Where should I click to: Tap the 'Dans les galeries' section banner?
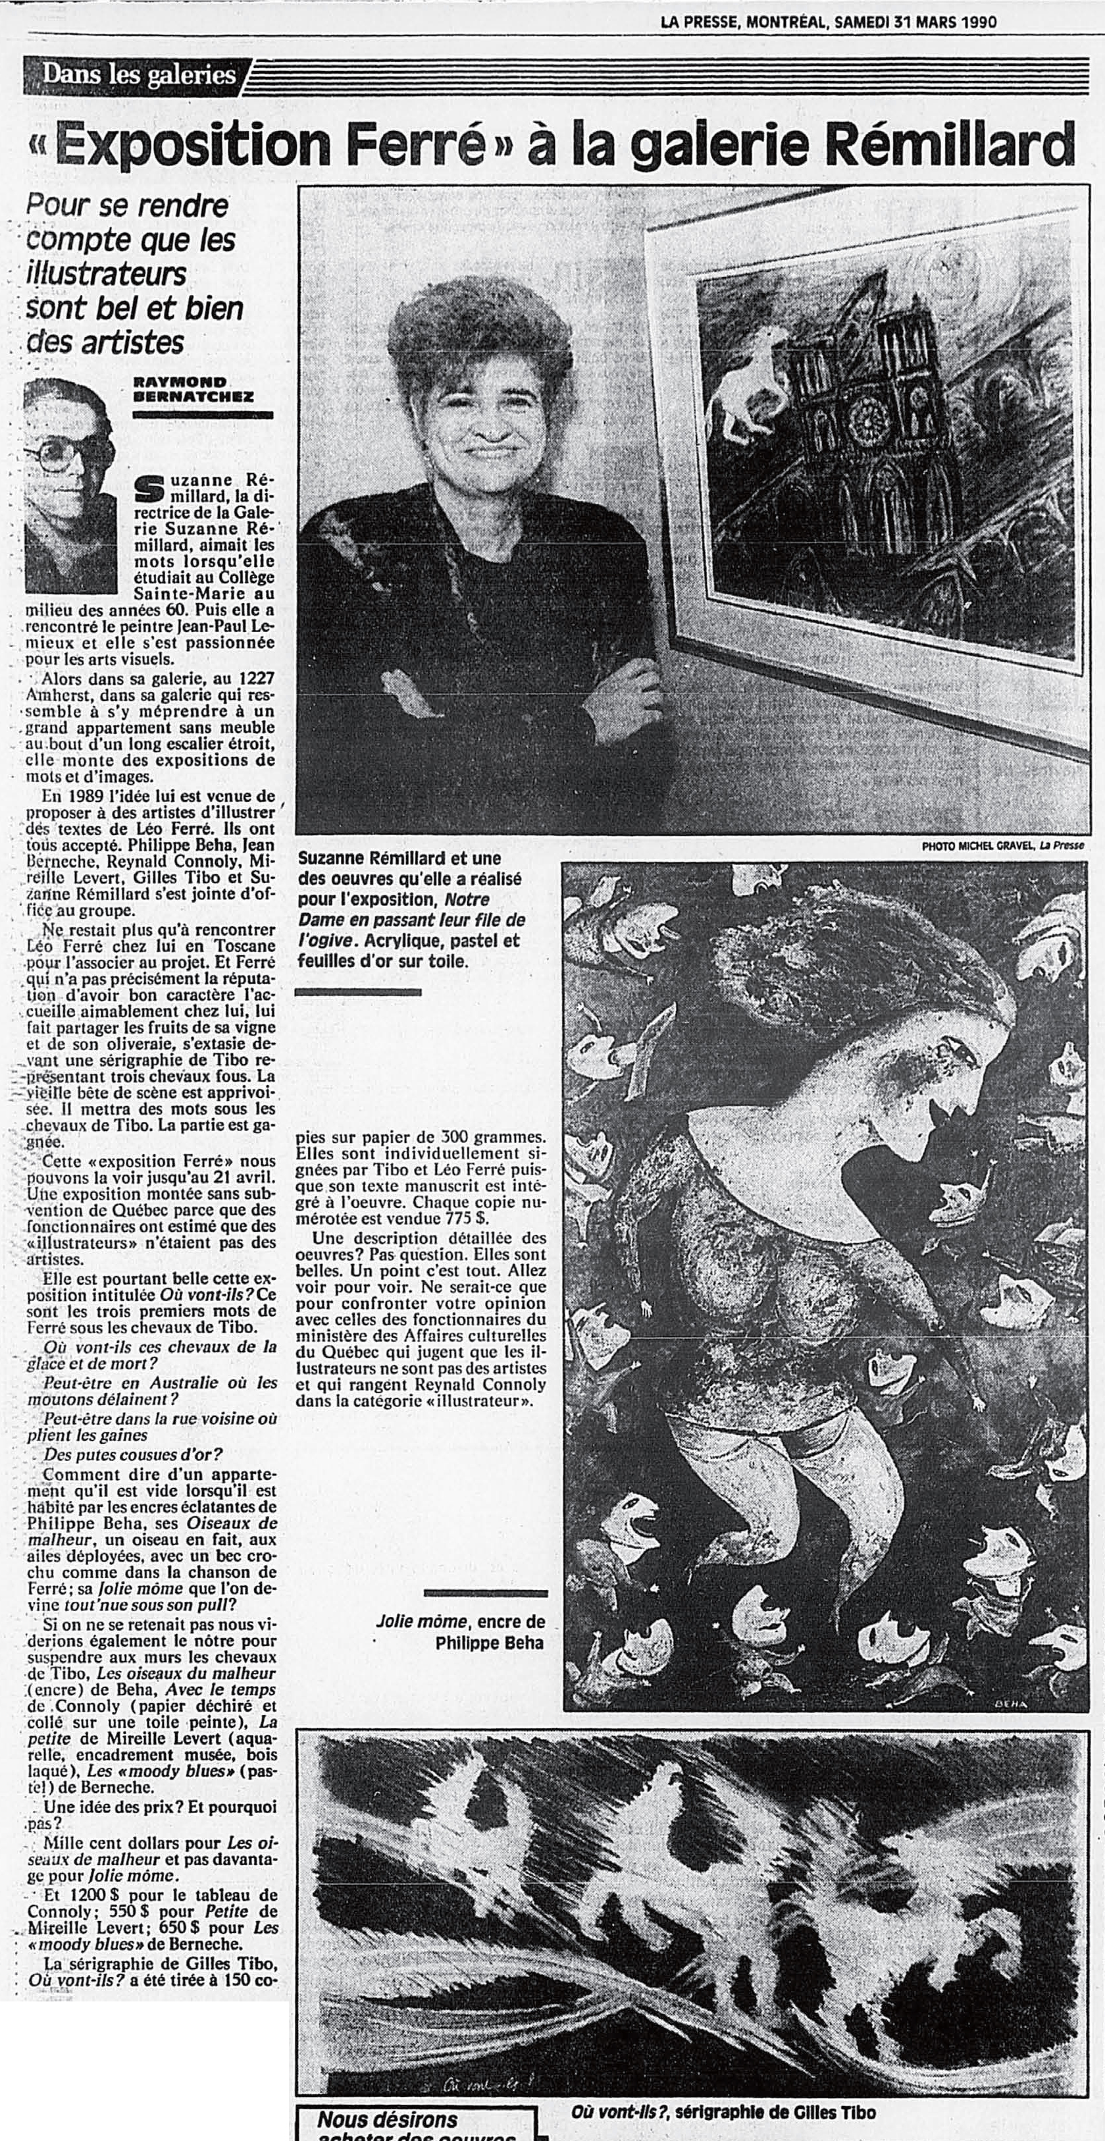(138, 75)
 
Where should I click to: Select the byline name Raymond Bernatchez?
(193, 390)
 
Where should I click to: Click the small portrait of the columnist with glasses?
(69, 484)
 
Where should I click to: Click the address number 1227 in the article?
(257, 679)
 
